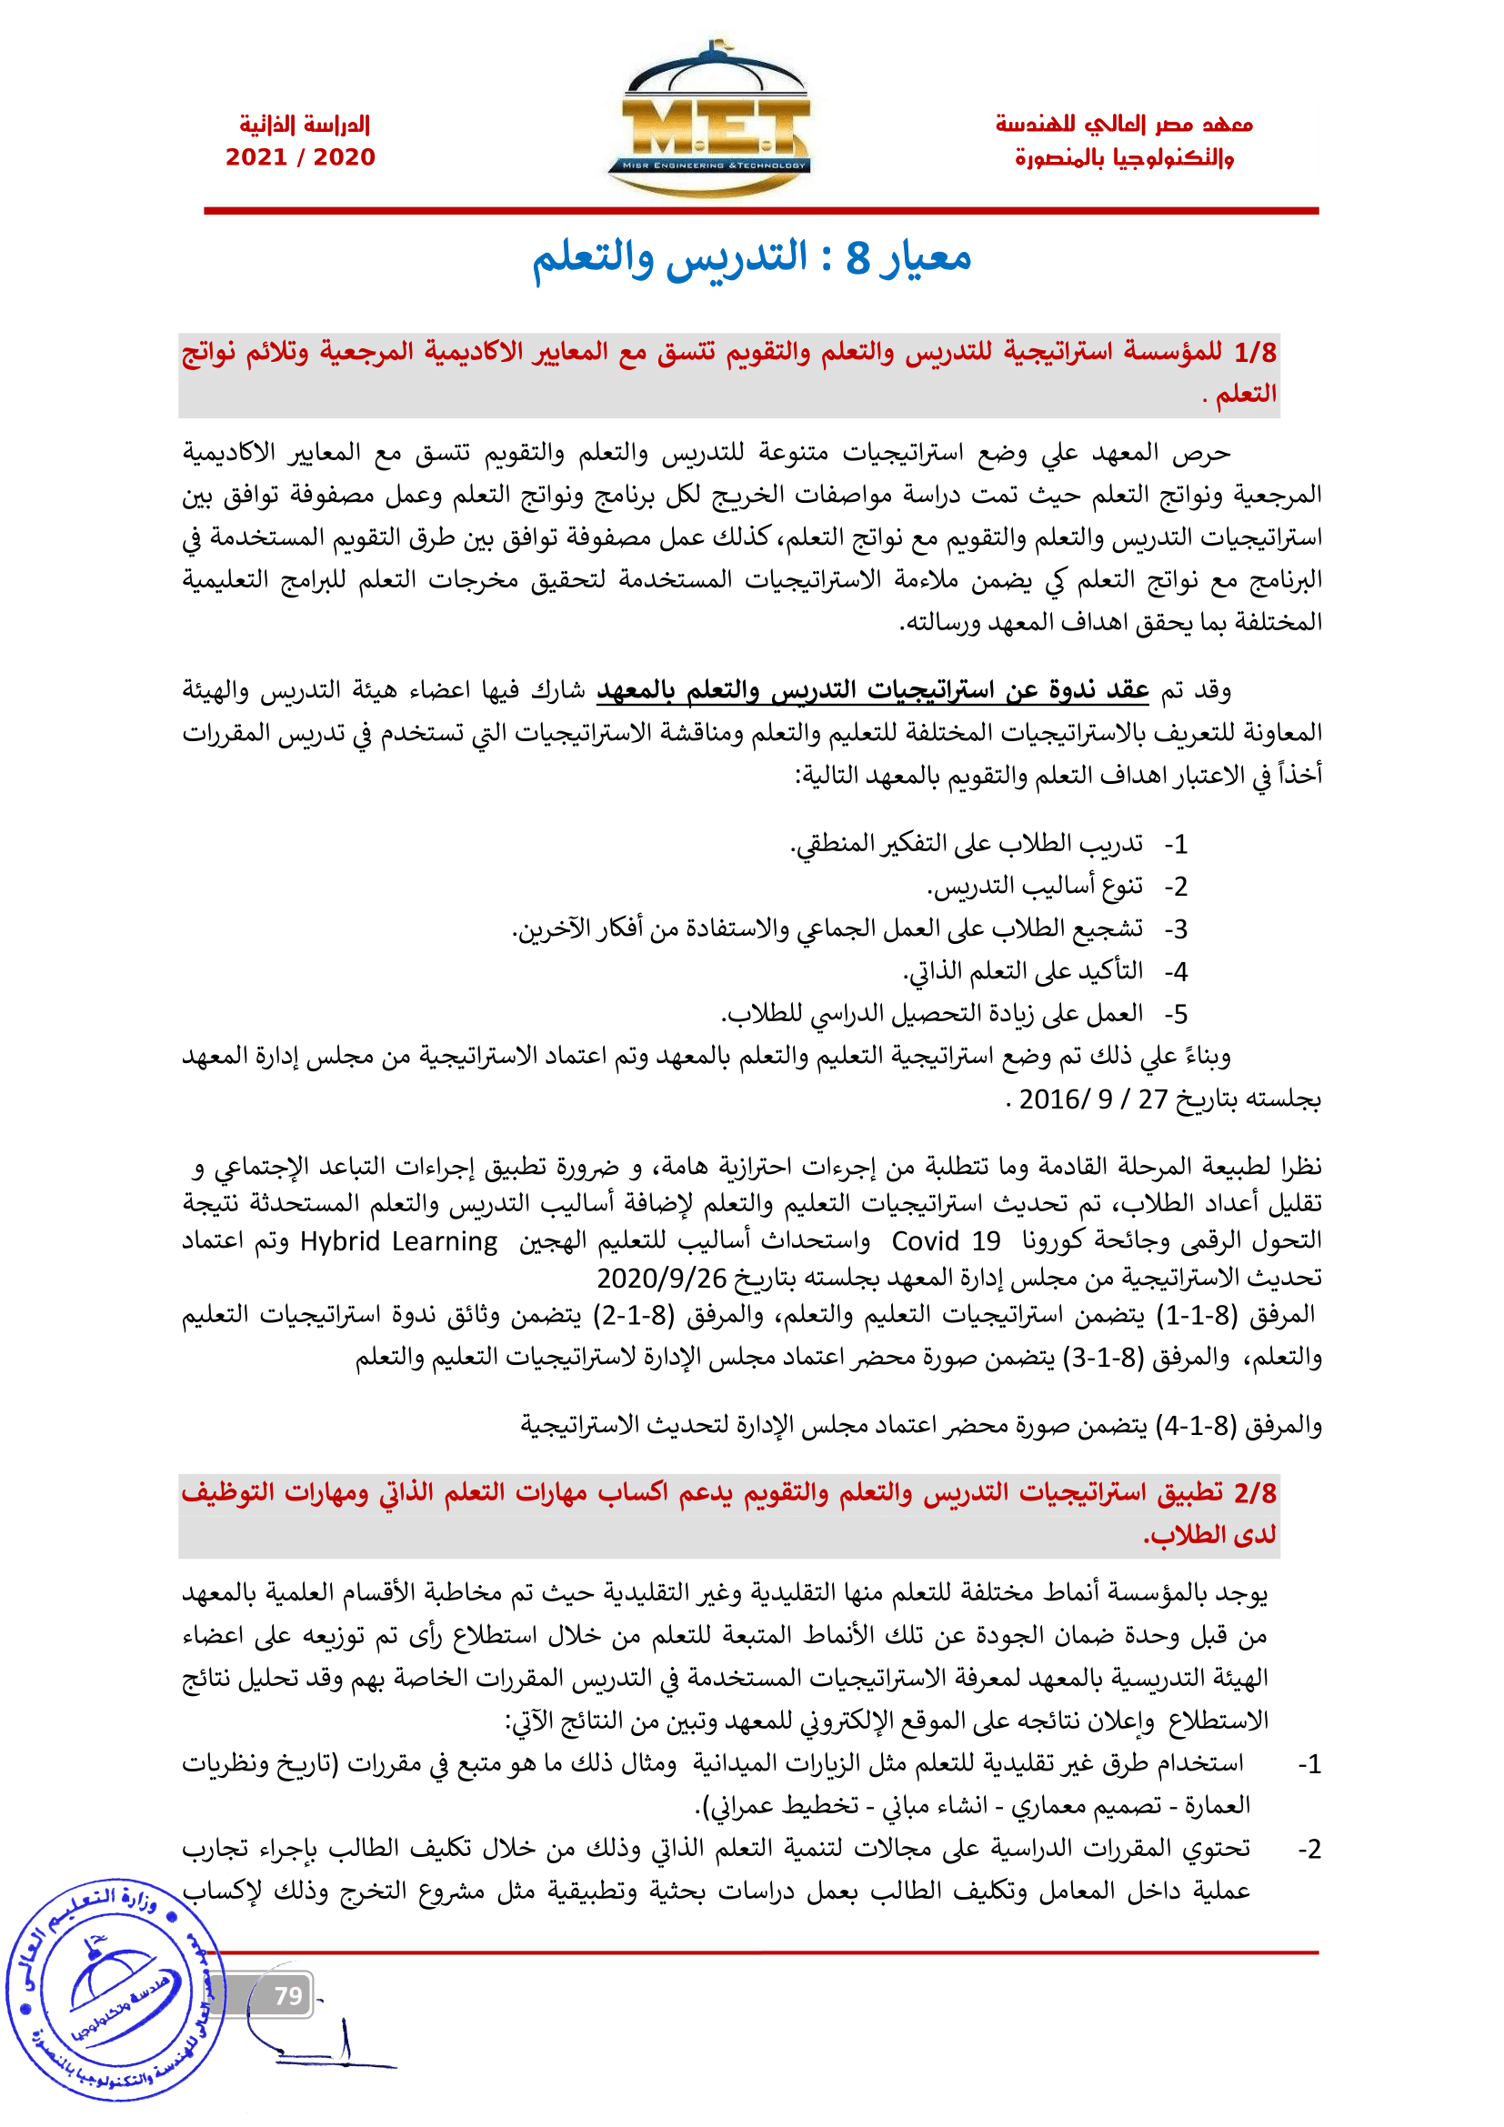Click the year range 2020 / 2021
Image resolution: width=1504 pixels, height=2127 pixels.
pyautogui.click(x=300, y=157)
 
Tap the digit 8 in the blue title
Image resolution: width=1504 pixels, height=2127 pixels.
pyautogui.click(x=858, y=258)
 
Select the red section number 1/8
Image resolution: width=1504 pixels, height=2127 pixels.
pyautogui.click(x=1255, y=353)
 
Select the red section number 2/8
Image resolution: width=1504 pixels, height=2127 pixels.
pyautogui.click(x=1255, y=1492)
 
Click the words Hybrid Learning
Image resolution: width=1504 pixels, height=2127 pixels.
pyautogui.click(x=398, y=1241)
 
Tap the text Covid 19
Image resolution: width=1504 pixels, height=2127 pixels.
pyautogui.click(x=946, y=1241)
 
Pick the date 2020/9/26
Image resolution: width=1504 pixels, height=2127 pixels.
pyautogui.click(x=661, y=1279)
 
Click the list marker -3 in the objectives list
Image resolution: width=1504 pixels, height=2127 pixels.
pyautogui.click(x=1175, y=929)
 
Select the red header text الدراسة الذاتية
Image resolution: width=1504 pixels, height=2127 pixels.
pyautogui.click(x=305, y=125)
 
